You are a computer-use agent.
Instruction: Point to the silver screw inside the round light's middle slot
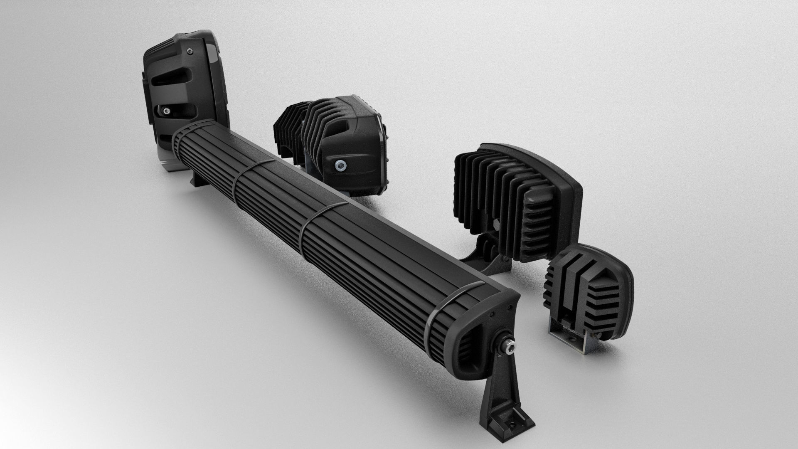click(167, 111)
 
